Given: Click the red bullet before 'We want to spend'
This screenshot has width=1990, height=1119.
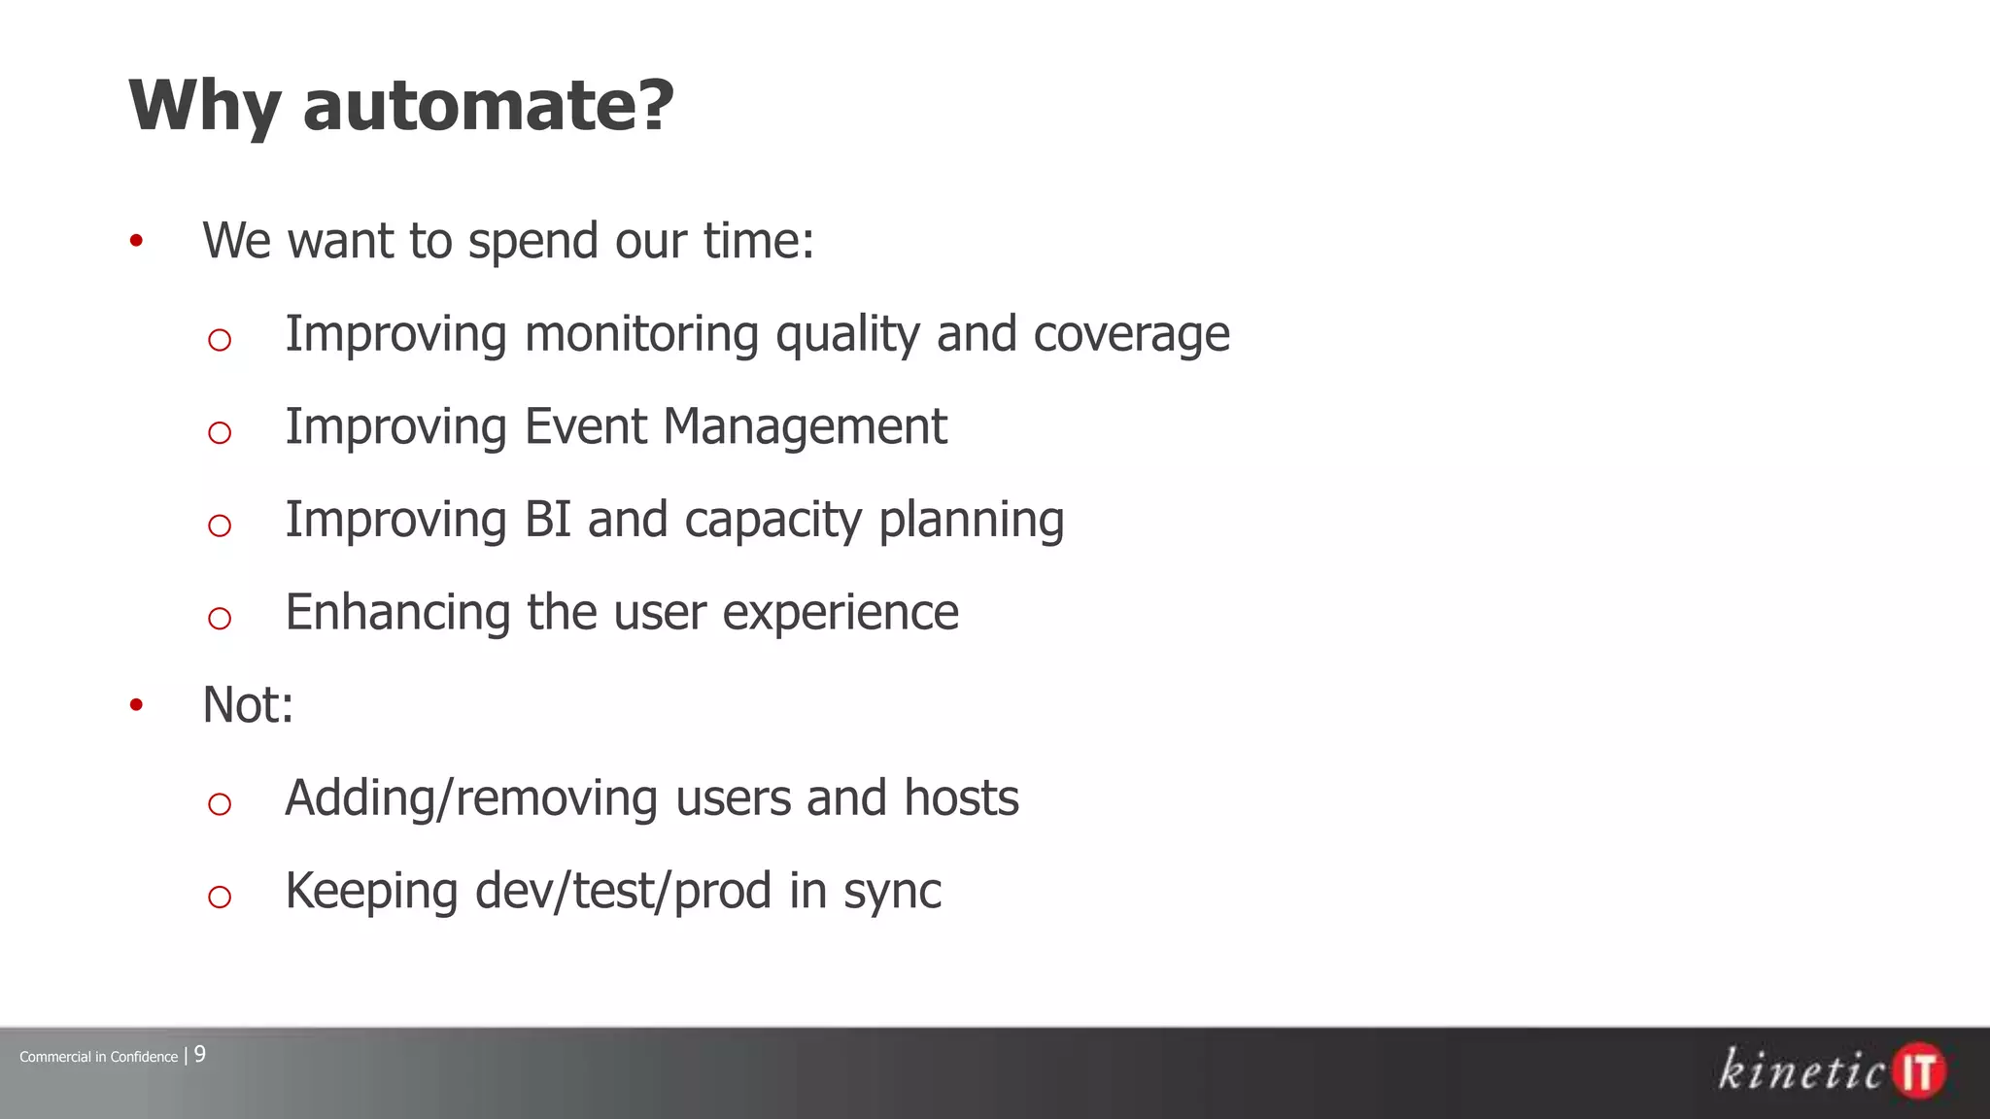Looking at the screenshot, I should pos(136,240).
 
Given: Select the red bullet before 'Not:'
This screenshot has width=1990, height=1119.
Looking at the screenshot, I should pos(136,704).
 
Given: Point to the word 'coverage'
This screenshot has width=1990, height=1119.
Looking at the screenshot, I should pos(1131,334).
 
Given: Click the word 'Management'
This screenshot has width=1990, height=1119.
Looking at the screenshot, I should pos(805,426).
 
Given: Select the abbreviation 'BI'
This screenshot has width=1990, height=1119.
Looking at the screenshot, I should pos(547,519).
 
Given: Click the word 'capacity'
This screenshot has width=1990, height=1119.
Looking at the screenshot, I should pos(772,521).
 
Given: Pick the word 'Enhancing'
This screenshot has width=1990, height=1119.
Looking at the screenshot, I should pos(397,613).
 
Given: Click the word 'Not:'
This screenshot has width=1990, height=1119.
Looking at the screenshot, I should pos(248,704).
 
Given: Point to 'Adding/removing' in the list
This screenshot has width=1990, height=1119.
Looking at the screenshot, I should pos(470,798).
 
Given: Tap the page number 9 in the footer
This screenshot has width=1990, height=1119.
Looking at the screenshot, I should pos(200,1054).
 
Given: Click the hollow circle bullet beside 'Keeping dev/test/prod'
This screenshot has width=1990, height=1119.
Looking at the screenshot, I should pos(220,897).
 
